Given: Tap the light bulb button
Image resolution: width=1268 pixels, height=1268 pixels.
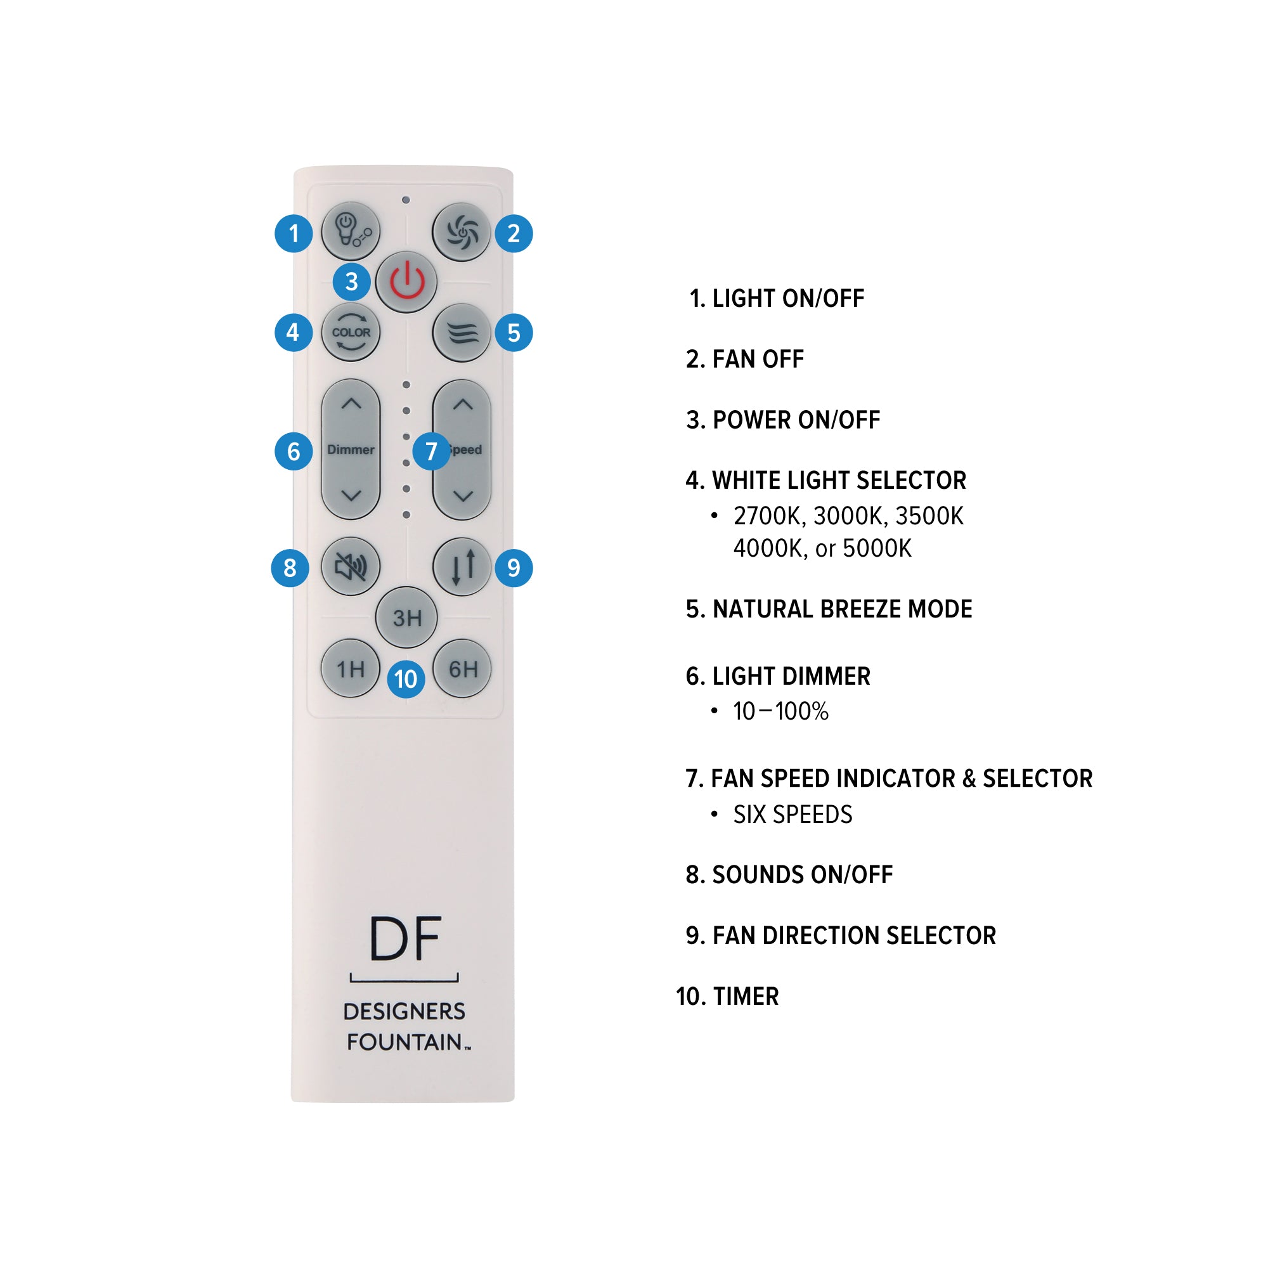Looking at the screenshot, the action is click(351, 231).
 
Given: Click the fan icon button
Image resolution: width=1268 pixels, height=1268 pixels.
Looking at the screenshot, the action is click(462, 231).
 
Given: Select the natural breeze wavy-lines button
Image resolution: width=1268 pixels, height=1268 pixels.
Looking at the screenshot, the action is click(462, 333).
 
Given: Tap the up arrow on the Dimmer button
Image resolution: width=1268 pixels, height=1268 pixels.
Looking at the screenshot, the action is click(351, 404).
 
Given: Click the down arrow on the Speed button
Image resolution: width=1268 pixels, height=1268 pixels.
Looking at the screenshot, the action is click(463, 496).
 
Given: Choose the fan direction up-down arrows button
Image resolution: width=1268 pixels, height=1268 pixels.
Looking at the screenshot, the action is click(462, 566).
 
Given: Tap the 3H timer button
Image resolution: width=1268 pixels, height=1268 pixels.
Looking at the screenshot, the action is click(406, 618).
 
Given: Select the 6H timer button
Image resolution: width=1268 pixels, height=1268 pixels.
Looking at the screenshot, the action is click(463, 668).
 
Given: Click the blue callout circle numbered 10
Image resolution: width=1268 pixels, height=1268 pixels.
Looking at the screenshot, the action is click(406, 679).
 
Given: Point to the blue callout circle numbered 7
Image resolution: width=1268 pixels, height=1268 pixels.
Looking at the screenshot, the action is click(431, 451).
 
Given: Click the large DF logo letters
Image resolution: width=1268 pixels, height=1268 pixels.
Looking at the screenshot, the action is click(405, 938).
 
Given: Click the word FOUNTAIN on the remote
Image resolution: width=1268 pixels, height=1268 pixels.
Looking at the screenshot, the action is click(404, 1042).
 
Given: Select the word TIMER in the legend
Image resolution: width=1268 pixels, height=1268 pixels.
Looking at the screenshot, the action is click(746, 996).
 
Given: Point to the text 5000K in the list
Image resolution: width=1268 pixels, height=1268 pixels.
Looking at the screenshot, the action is click(877, 548).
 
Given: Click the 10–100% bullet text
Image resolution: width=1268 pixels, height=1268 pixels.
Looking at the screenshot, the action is click(780, 711).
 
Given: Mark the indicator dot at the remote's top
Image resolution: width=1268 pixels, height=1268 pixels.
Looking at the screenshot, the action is click(406, 200).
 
